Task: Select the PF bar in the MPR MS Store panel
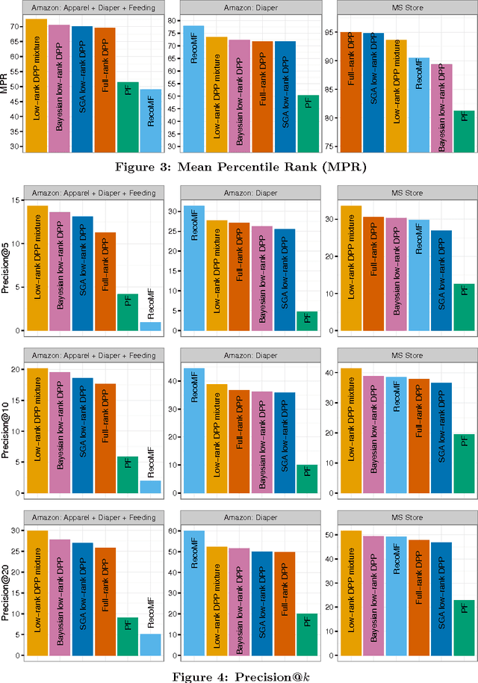pyautogui.click(x=464, y=131)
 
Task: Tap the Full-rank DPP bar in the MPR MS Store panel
pyautogui.click(x=351, y=90)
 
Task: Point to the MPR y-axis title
pyautogui.click(x=7, y=83)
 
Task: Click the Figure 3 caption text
pyautogui.click(x=239, y=166)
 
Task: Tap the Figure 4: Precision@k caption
pyautogui.click(x=239, y=675)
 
